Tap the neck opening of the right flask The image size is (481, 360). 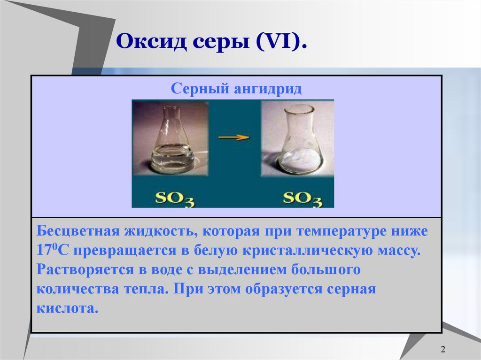[x=299, y=109]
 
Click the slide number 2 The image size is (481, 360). [x=443, y=350]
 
